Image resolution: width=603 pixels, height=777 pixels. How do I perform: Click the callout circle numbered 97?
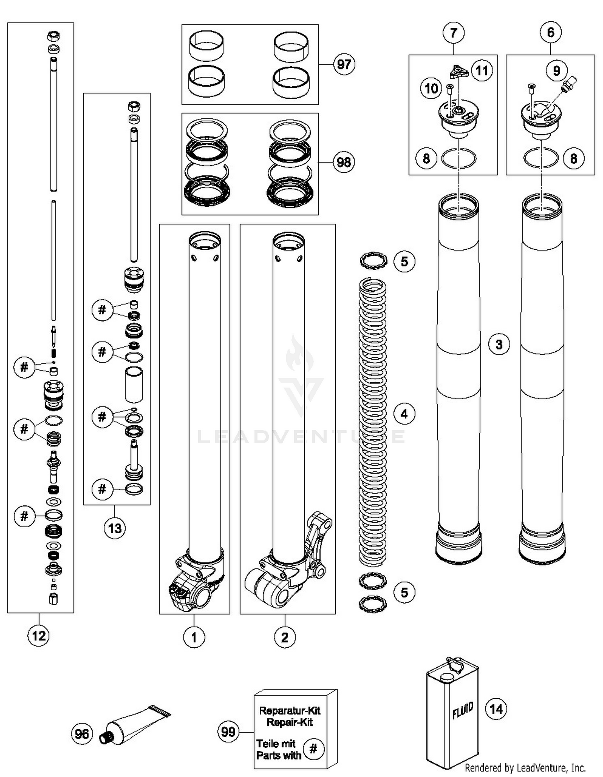pyautogui.click(x=344, y=64)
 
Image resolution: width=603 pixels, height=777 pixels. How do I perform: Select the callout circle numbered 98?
pyautogui.click(x=344, y=162)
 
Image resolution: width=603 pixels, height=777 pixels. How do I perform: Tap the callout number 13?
pyautogui.click(x=115, y=528)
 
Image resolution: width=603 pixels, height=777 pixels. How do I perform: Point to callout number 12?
pyautogui.click(x=39, y=636)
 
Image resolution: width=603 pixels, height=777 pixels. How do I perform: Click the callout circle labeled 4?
pyautogui.click(x=404, y=414)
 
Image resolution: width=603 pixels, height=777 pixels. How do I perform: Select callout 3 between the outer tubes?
pyautogui.click(x=499, y=344)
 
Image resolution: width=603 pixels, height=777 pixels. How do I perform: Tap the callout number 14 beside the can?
pyautogui.click(x=496, y=709)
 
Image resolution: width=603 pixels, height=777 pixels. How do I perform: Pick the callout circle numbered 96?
pyautogui.click(x=82, y=734)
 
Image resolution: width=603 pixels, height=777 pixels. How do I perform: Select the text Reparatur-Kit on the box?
pyautogui.click(x=289, y=711)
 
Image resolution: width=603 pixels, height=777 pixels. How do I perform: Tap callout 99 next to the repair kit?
pyautogui.click(x=228, y=732)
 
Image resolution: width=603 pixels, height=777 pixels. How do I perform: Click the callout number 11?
pyautogui.click(x=482, y=71)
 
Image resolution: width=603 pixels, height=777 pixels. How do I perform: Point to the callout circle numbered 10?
pyautogui.click(x=431, y=88)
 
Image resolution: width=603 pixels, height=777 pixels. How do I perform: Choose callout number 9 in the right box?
pyautogui.click(x=556, y=71)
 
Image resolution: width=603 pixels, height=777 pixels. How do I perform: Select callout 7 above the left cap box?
pyautogui.click(x=453, y=33)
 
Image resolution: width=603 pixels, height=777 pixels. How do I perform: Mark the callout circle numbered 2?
pyautogui.click(x=285, y=637)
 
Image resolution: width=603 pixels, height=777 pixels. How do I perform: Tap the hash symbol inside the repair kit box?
pyautogui.click(x=314, y=748)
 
